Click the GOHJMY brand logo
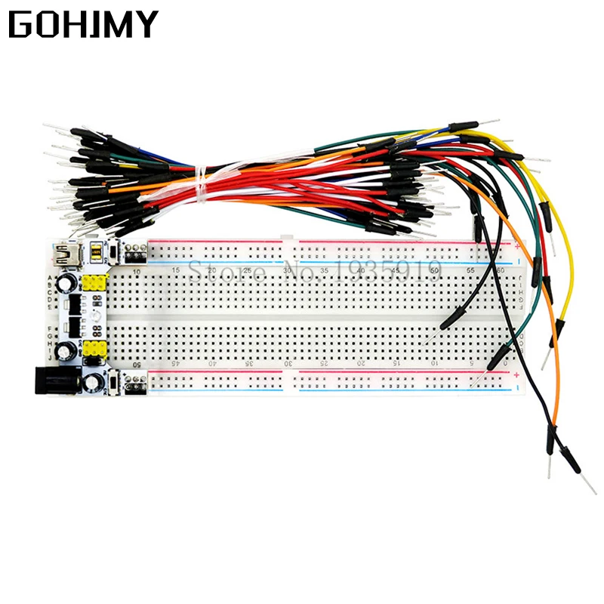(83, 24)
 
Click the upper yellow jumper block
(94, 284)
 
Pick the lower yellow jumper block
(94, 350)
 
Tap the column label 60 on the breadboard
(502, 270)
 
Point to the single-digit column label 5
(471, 363)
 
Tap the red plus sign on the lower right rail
(516, 372)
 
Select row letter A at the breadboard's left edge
(51, 278)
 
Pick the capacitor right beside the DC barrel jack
(93, 384)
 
